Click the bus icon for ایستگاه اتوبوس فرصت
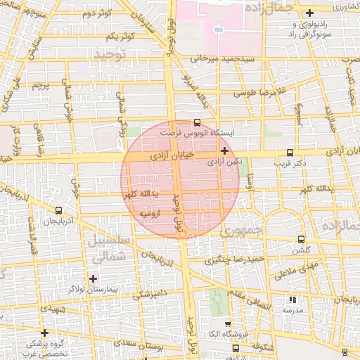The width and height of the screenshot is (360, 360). coord(196,122)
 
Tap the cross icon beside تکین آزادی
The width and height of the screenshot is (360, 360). coord(224,150)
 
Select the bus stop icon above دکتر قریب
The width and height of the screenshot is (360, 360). coord(290,153)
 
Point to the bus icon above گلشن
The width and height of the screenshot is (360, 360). coord(301,239)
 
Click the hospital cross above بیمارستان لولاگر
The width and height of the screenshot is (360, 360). coord(93,278)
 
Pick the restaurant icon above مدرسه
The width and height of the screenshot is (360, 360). coord(292,300)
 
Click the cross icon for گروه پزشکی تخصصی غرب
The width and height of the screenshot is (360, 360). coord(45,333)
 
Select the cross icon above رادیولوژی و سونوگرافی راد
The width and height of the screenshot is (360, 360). coord(309,13)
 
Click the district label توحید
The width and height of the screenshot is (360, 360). coord(109,53)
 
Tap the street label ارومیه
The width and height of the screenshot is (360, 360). coord(152,212)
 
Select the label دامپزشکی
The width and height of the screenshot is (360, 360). coord(148,292)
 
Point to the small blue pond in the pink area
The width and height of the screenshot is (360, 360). coord(219,30)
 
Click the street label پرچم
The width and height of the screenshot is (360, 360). coord(41,85)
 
